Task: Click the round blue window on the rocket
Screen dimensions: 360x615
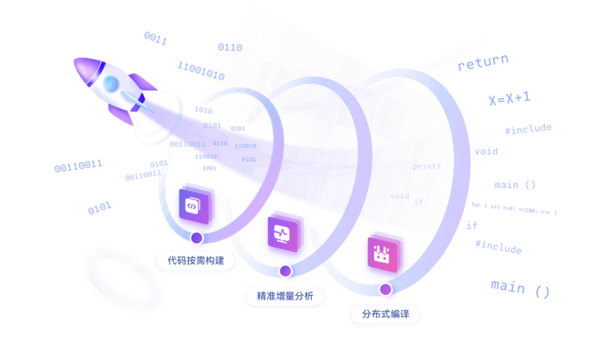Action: pyautogui.click(x=112, y=84)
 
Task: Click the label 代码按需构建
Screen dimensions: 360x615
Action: pyautogui.click(x=196, y=261)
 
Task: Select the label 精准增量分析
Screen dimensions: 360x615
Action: pyautogui.click(x=285, y=296)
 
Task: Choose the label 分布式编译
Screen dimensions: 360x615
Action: pyautogui.click(x=386, y=313)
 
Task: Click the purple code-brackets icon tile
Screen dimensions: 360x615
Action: pyautogui.click(x=193, y=206)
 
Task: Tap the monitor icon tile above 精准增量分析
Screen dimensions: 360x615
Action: pyautogui.click(x=282, y=234)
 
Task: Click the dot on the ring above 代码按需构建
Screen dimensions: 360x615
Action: pyautogui.click(x=197, y=237)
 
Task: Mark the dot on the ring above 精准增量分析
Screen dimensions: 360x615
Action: pyautogui.click(x=285, y=271)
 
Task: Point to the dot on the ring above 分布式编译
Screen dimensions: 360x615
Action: pyautogui.click(x=386, y=289)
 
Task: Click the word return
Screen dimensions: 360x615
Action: pyautogui.click(x=482, y=62)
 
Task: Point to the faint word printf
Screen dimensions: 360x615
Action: pyautogui.click(x=427, y=167)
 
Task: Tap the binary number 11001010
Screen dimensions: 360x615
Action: pyautogui.click(x=200, y=71)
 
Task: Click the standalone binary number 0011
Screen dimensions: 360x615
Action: pyautogui.click(x=156, y=39)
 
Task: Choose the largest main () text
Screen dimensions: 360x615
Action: pyautogui.click(x=520, y=288)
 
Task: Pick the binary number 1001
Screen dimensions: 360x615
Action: pyautogui.click(x=209, y=168)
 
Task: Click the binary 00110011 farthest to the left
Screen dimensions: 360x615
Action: pyautogui.click(x=78, y=165)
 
